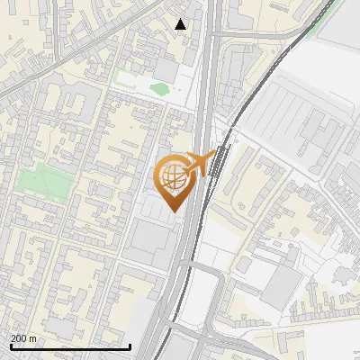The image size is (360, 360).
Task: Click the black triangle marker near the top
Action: tap(181, 24)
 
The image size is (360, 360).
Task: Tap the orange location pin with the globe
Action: tap(175, 180)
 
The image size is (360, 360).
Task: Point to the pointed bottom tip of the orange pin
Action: tap(174, 212)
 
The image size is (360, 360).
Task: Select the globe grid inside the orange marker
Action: tap(174, 177)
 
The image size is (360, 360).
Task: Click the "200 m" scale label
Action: tap(24, 337)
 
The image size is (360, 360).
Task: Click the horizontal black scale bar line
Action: tap(69, 346)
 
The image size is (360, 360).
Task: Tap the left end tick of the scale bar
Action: tap(10, 345)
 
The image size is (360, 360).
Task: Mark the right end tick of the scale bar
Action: tap(130, 345)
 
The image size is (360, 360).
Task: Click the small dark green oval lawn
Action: tap(159, 88)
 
